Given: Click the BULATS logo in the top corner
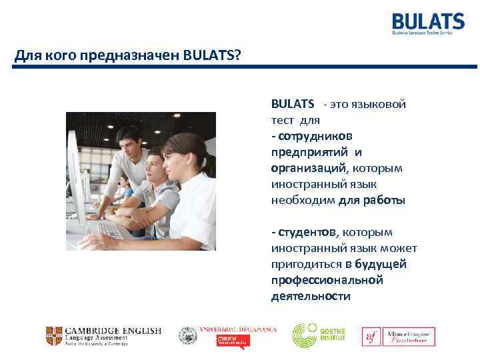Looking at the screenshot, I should [x=427, y=23].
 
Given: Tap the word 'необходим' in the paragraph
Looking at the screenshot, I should [x=303, y=201].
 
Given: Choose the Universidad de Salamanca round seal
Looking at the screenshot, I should [x=189, y=335].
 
